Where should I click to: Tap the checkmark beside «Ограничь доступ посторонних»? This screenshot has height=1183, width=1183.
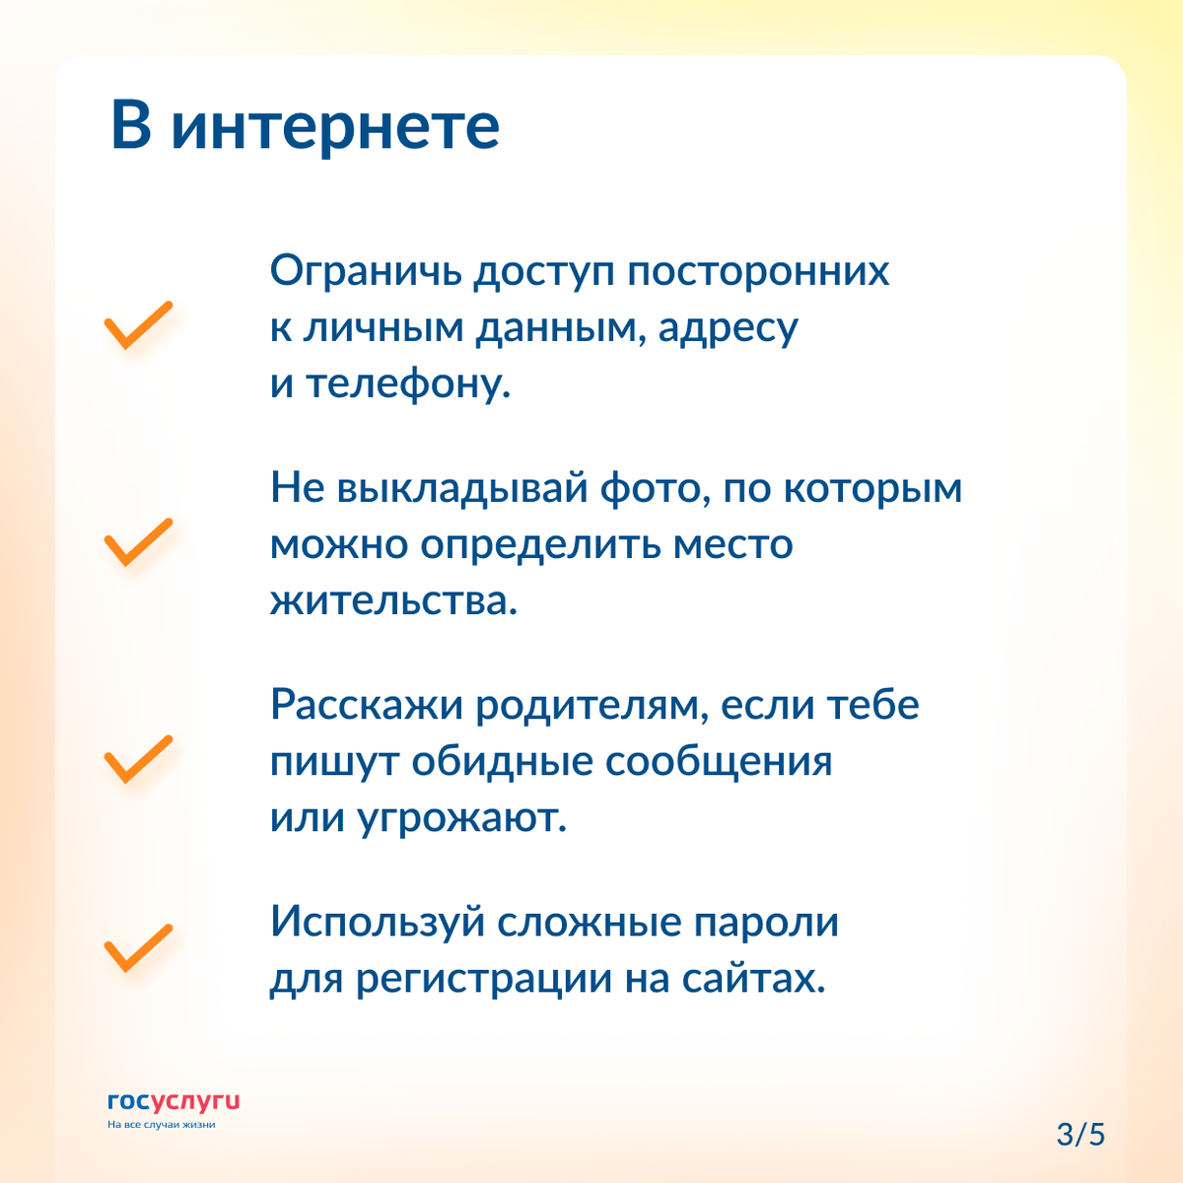(x=138, y=325)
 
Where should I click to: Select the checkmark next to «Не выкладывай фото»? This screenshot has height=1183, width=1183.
(x=138, y=542)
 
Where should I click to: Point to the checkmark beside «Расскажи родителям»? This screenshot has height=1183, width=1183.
(x=138, y=759)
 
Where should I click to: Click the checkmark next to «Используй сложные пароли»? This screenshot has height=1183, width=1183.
(x=138, y=948)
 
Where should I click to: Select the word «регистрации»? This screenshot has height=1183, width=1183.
(x=483, y=980)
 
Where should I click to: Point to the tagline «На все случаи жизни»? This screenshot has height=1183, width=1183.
(x=161, y=1125)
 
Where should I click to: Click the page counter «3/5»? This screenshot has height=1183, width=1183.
(x=1080, y=1134)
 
